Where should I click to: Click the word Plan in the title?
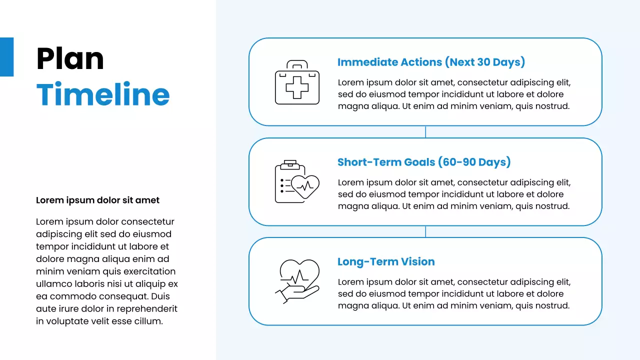[x=70, y=58]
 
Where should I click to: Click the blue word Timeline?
[x=103, y=94]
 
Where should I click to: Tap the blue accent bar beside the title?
[x=6, y=57]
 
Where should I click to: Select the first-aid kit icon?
[x=297, y=82]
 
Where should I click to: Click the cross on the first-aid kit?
[x=297, y=87]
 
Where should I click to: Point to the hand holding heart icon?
[x=297, y=281]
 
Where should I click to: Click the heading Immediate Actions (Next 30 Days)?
[x=431, y=62]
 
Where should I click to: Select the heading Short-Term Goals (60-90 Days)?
[x=424, y=162]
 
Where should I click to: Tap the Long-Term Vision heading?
[x=386, y=261]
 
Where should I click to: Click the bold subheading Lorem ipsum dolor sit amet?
[x=97, y=200]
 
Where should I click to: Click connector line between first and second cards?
[x=425, y=132]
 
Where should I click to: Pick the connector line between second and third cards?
[x=425, y=231]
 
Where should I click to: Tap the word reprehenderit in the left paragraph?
[x=148, y=309]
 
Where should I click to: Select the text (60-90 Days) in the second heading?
[x=474, y=162]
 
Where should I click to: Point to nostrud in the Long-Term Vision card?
[x=552, y=305]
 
